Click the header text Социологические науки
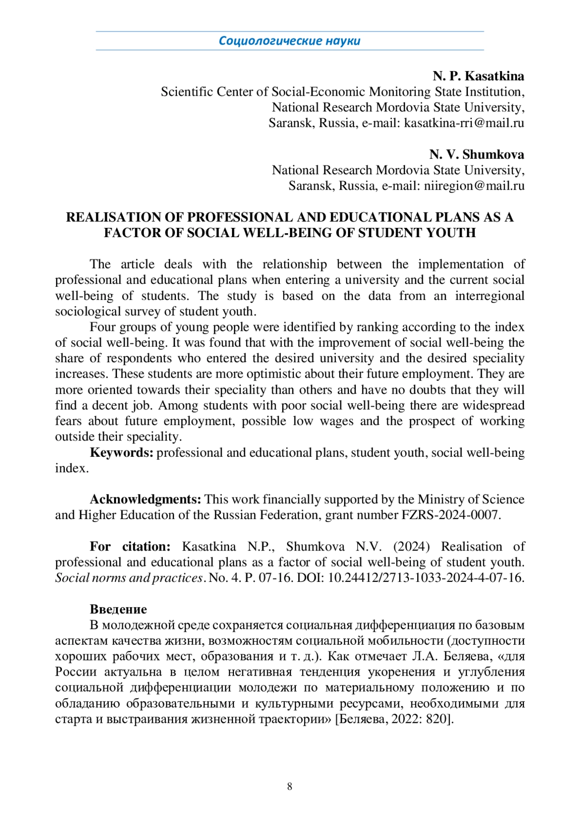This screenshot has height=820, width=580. point(290,41)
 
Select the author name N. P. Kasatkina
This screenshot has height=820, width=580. point(478,76)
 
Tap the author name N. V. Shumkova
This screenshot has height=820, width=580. point(477,155)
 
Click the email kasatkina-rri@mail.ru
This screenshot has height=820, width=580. point(464,123)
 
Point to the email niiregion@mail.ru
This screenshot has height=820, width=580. point(474,185)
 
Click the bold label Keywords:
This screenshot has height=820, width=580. point(122,452)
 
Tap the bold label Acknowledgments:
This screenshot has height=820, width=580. point(145,499)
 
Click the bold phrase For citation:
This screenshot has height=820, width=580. point(130,547)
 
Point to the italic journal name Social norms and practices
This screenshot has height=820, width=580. point(129,578)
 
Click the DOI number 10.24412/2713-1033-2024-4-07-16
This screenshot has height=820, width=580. point(425,578)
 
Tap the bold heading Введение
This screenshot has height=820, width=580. point(118,609)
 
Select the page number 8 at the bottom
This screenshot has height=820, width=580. point(290,787)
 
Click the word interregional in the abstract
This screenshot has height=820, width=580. point(490,296)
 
